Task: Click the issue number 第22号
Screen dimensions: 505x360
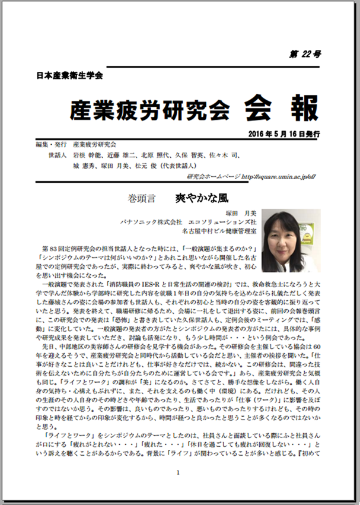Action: pos(307,54)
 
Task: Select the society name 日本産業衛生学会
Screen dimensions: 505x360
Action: pos(69,76)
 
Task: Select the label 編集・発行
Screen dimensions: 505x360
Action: pos(50,144)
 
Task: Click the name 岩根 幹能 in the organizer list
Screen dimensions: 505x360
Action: pos(85,155)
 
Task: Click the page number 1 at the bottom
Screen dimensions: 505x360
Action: pos(178,472)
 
